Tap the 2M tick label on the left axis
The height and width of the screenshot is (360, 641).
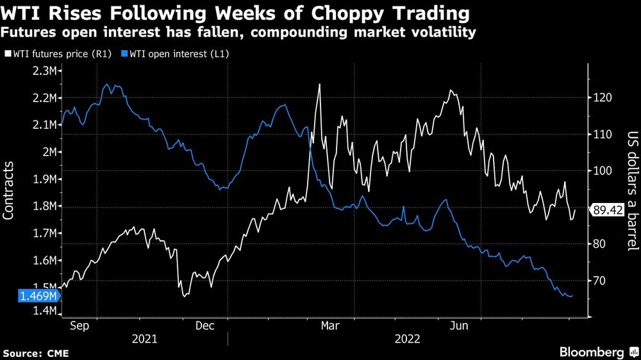49,152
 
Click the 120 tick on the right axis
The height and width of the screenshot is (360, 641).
601,98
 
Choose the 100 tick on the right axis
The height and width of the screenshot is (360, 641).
601,171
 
